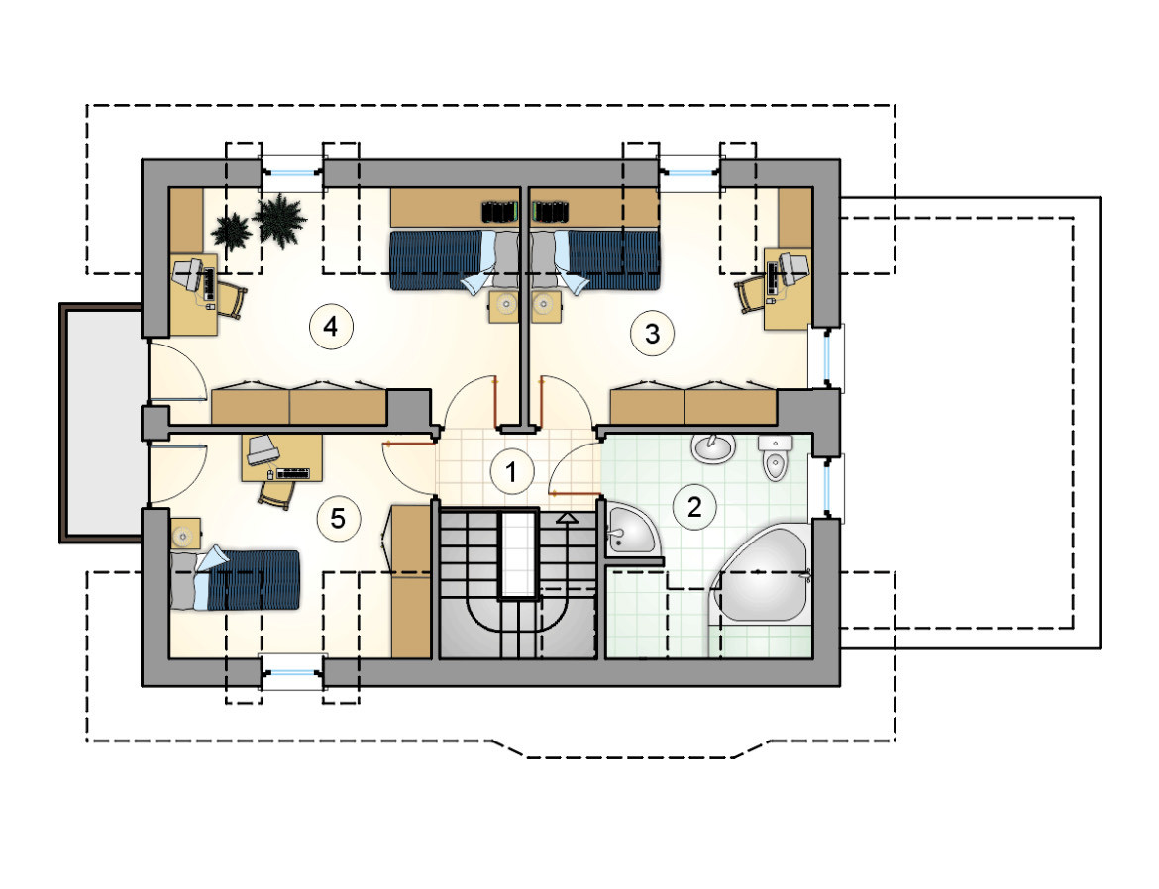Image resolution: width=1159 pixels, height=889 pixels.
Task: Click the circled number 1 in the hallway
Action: (x=511, y=471)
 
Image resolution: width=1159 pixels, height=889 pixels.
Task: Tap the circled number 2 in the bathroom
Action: (x=694, y=507)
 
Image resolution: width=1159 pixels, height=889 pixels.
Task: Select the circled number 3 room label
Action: (x=652, y=334)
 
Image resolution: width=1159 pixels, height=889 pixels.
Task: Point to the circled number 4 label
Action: (x=331, y=326)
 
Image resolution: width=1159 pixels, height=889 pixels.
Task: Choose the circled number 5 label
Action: (x=338, y=518)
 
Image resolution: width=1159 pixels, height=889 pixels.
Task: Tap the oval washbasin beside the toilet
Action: (x=713, y=447)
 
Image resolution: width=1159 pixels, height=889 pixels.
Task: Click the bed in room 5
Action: (x=235, y=580)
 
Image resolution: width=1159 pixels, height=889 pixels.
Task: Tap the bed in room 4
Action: (x=454, y=261)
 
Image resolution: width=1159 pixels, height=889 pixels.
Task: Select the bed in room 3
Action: (x=595, y=261)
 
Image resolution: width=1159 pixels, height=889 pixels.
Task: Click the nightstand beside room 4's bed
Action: (x=505, y=305)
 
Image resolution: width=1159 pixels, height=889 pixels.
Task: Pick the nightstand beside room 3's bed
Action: (x=546, y=305)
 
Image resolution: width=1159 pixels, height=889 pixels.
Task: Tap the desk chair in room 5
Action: (x=276, y=492)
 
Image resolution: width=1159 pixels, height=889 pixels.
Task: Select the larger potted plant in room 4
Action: (x=279, y=219)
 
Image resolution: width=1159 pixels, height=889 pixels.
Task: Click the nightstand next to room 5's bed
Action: (x=185, y=534)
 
